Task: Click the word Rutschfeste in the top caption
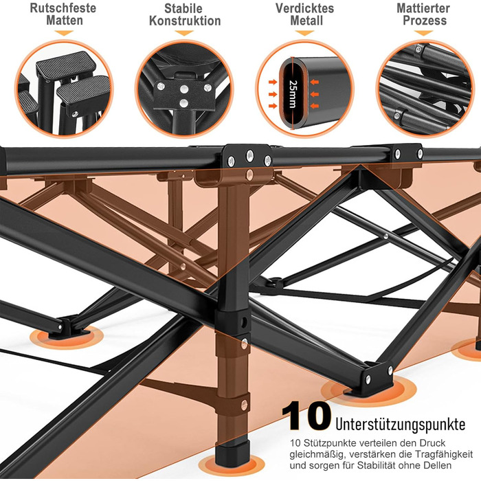tap(63, 8)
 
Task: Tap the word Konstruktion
tap(185, 21)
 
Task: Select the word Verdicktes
tap(304, 8)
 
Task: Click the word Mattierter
tap(423, 8)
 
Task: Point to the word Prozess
tap(425, 21)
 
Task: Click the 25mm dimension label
tap(293, 94)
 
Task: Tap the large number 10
tap(306, 416)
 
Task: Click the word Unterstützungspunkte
tap(401, 424)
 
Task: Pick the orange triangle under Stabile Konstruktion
tap(183, 32)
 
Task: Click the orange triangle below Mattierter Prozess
tap(423, 32)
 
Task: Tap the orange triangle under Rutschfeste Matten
tap(64, 32)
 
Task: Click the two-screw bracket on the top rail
tap(407, 153)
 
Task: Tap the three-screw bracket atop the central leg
tap(248, 157)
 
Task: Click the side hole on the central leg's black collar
tap(244, 322)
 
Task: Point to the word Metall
tap(306, 21)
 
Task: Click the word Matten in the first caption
tap(65, 21)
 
